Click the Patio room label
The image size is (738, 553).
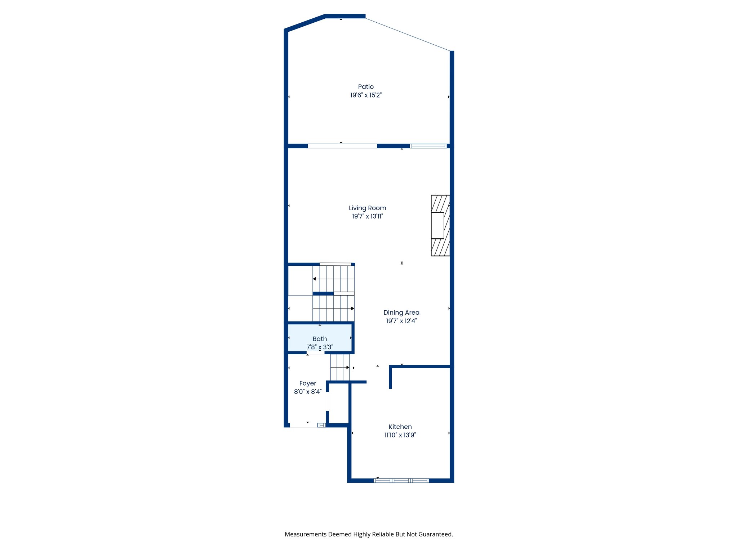[x=366, y=87]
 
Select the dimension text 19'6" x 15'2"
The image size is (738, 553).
[x=366, y=95]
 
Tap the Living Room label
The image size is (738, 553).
[x=367, y=208]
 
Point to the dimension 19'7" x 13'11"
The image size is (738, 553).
[x=367, y=216]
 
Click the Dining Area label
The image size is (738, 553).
[x=401, y=313]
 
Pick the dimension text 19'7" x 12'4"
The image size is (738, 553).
[x=401, y=321]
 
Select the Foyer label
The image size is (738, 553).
[x=307, y=383]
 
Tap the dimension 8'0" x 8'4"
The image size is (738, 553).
[x=307, y=392]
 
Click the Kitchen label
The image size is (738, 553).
[x=400, y=427]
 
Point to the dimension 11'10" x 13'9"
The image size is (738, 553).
[x=400, y=435]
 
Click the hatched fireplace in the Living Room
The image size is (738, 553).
[x=440, y=225]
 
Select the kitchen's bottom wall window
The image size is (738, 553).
[x=401, y=481]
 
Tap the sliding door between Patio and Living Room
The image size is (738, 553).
[x=342, y=146]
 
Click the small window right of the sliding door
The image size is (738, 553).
[x=428, y=146]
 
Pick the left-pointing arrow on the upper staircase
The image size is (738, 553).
[x=315, y=279]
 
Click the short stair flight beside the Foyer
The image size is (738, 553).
[x=340, y=367]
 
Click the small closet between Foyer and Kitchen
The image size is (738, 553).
[x=339, y=403]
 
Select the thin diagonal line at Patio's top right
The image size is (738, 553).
[x=407, y=34]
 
